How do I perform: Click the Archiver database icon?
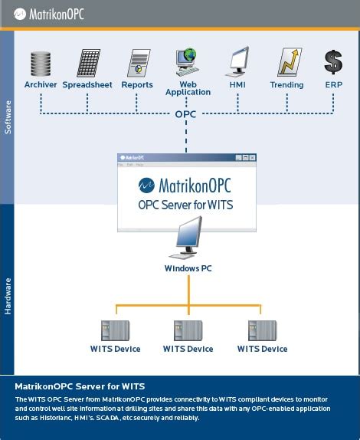41,63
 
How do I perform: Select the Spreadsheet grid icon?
88,63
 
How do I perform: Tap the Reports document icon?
137,63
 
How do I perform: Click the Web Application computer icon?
186,61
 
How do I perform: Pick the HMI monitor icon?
237,62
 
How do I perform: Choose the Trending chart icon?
287,62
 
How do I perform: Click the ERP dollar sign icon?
333,62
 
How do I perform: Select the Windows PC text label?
188,268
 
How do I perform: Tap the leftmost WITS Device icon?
116,330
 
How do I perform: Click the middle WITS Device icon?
188,330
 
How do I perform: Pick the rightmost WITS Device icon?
262,330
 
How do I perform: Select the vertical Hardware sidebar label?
8,295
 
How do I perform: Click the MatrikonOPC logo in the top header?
48,13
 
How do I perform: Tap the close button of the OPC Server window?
253,157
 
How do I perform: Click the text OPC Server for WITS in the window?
185,205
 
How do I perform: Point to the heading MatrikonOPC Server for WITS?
80,386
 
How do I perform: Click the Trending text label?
286,85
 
